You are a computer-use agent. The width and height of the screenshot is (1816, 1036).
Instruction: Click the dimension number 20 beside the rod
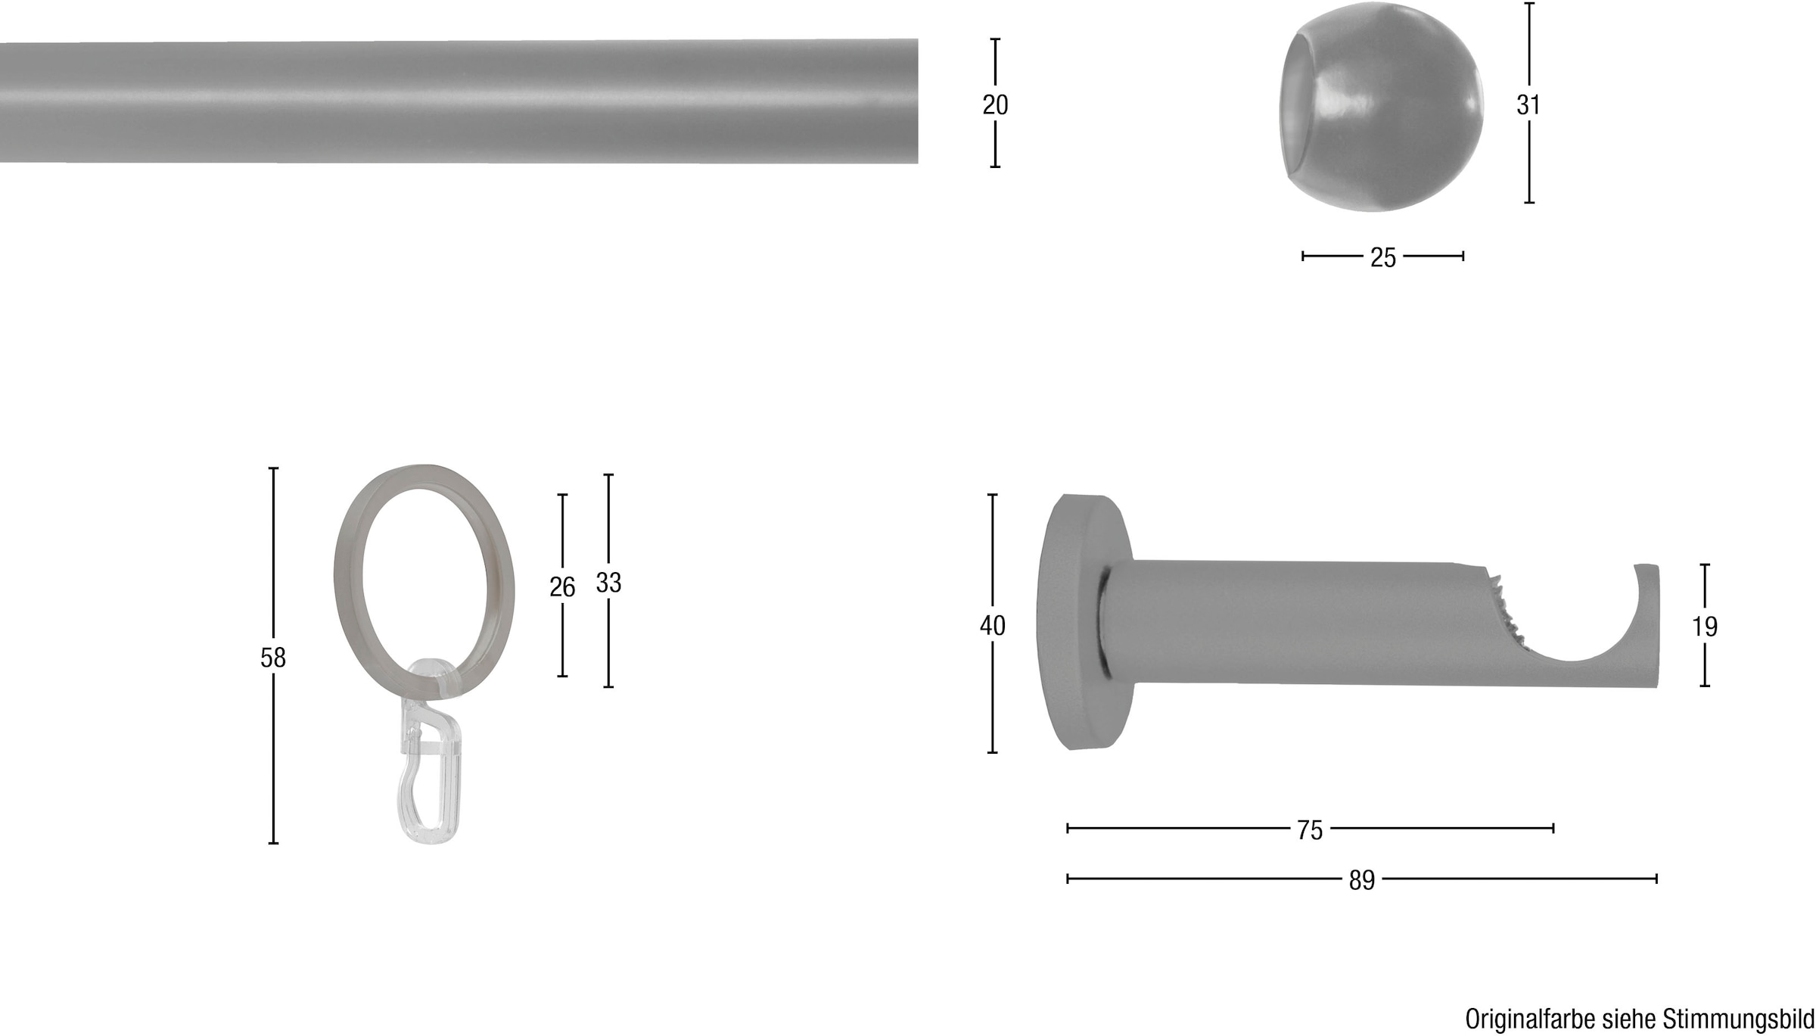click(x=995, y=104)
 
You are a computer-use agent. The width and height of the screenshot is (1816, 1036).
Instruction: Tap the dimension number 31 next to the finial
click(x=1528, y=104)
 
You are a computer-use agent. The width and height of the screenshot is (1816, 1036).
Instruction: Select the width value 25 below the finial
click(x=1382, y=257)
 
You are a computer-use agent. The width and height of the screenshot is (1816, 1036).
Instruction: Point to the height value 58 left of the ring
click(x=273, y=658)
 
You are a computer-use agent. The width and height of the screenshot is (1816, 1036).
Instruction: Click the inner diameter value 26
click(x=562, y=586)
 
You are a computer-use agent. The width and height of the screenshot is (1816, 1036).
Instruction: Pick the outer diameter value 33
click(x=608, y=582)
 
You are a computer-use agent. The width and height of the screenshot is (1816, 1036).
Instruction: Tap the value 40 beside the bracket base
click(x=992, y=625)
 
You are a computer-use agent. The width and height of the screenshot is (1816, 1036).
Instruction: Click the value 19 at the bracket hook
click(x=1705, y=626)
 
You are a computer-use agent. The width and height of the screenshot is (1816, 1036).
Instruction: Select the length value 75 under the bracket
click(x=1310, y=830)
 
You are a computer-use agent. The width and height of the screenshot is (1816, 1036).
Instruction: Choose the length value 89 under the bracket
click(x=1361, y=880)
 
